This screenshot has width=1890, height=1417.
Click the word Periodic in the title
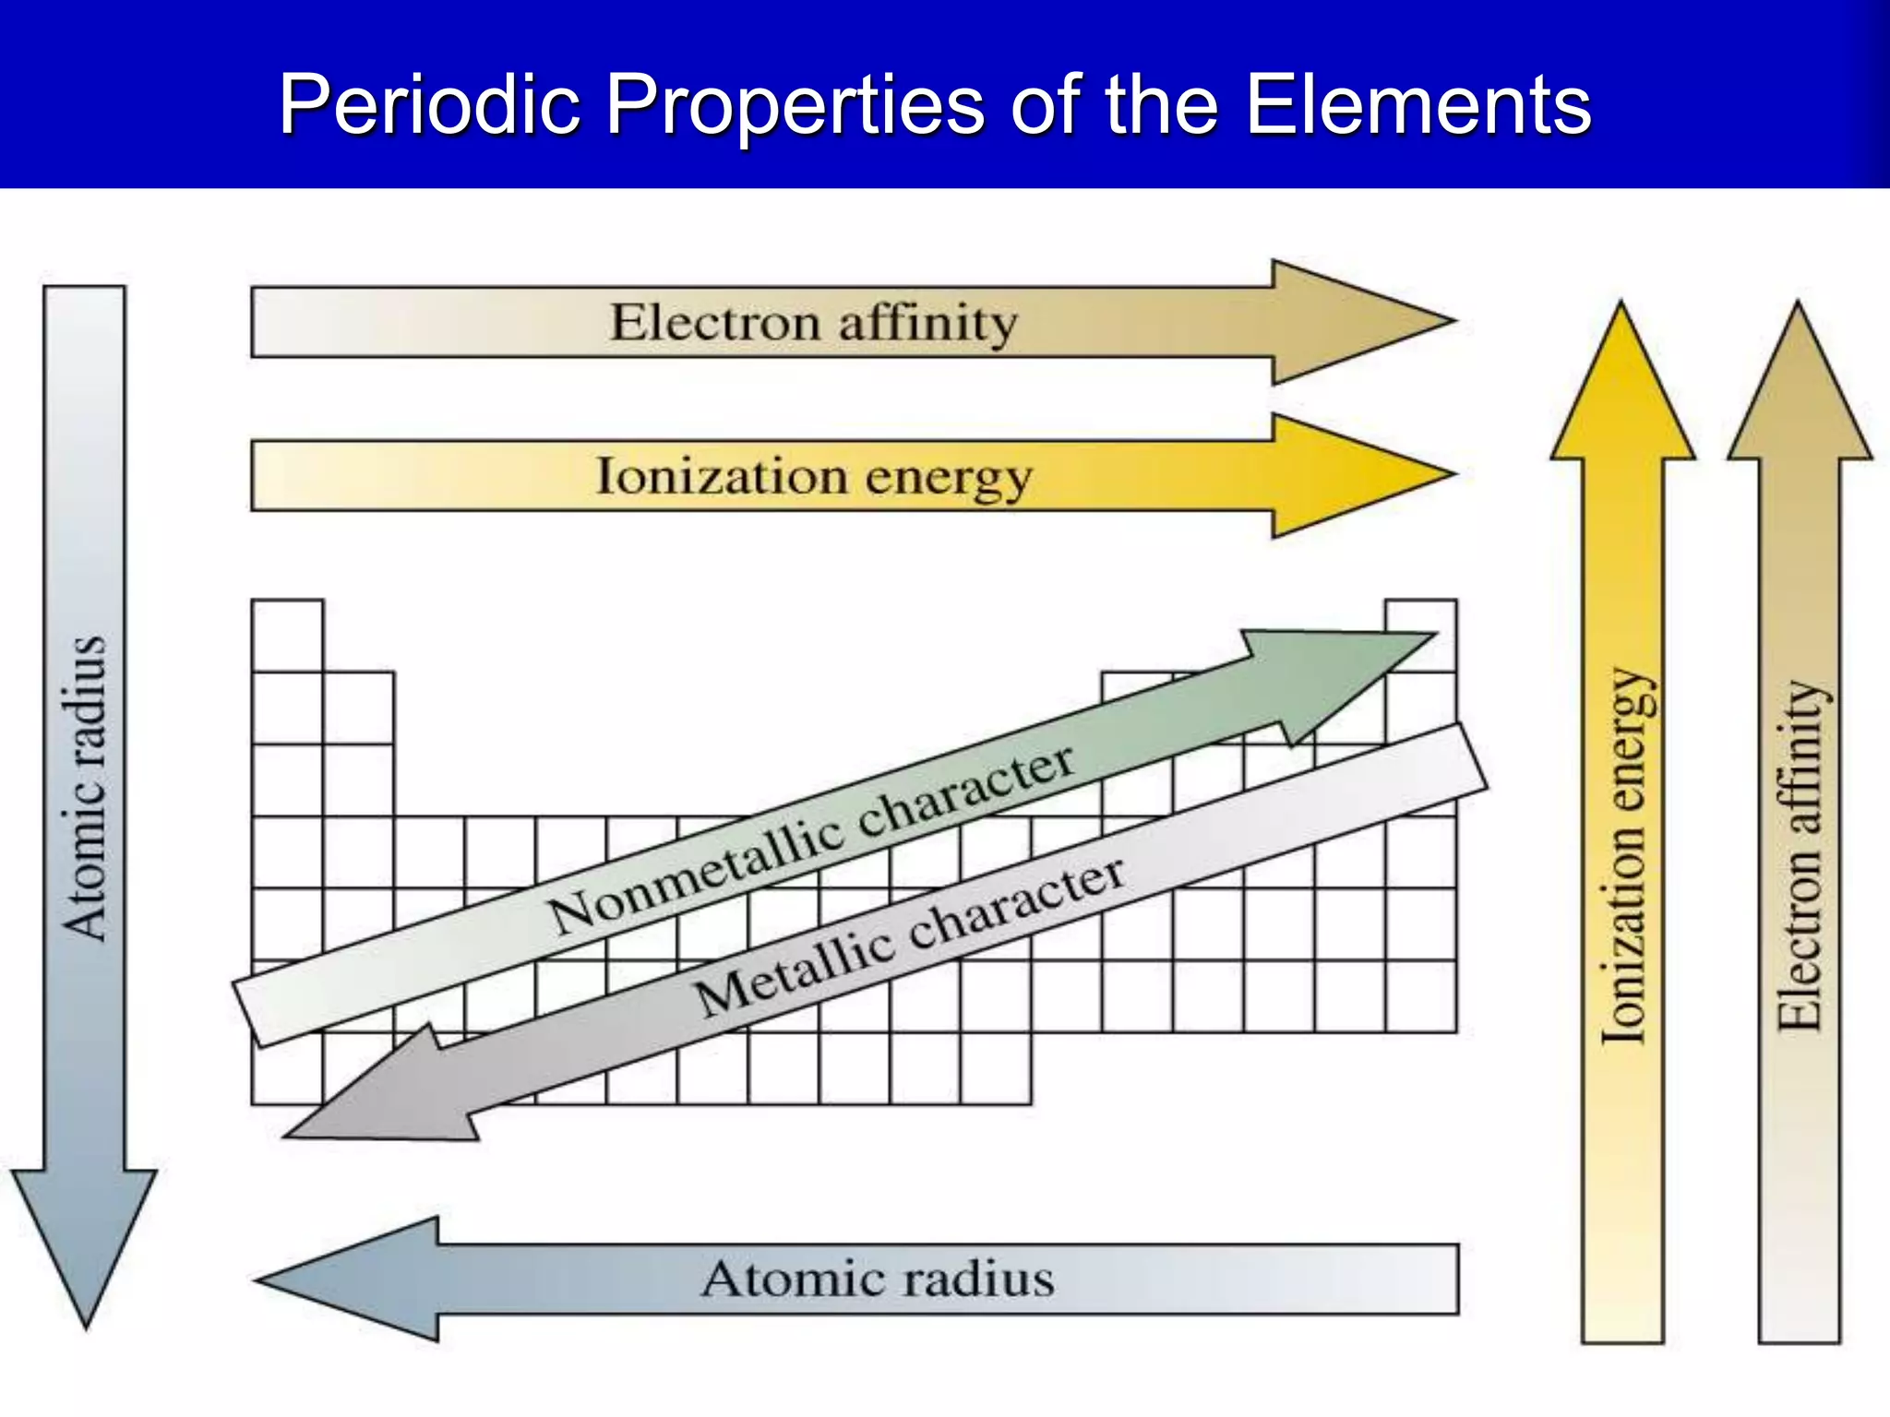click(x=430, y=104)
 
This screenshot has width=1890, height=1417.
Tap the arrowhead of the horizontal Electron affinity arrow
click(x=1357, y=322)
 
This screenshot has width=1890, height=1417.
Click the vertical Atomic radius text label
click(x=85, y=789)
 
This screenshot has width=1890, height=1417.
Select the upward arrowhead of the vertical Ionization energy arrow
click(x=1622, y=387)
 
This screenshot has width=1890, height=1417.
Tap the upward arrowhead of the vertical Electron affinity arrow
click(x=1799, y=387)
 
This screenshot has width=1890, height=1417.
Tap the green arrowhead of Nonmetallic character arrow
click(x=1338, y=673)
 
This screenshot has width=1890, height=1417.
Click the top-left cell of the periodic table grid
click(x=287, y=636)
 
